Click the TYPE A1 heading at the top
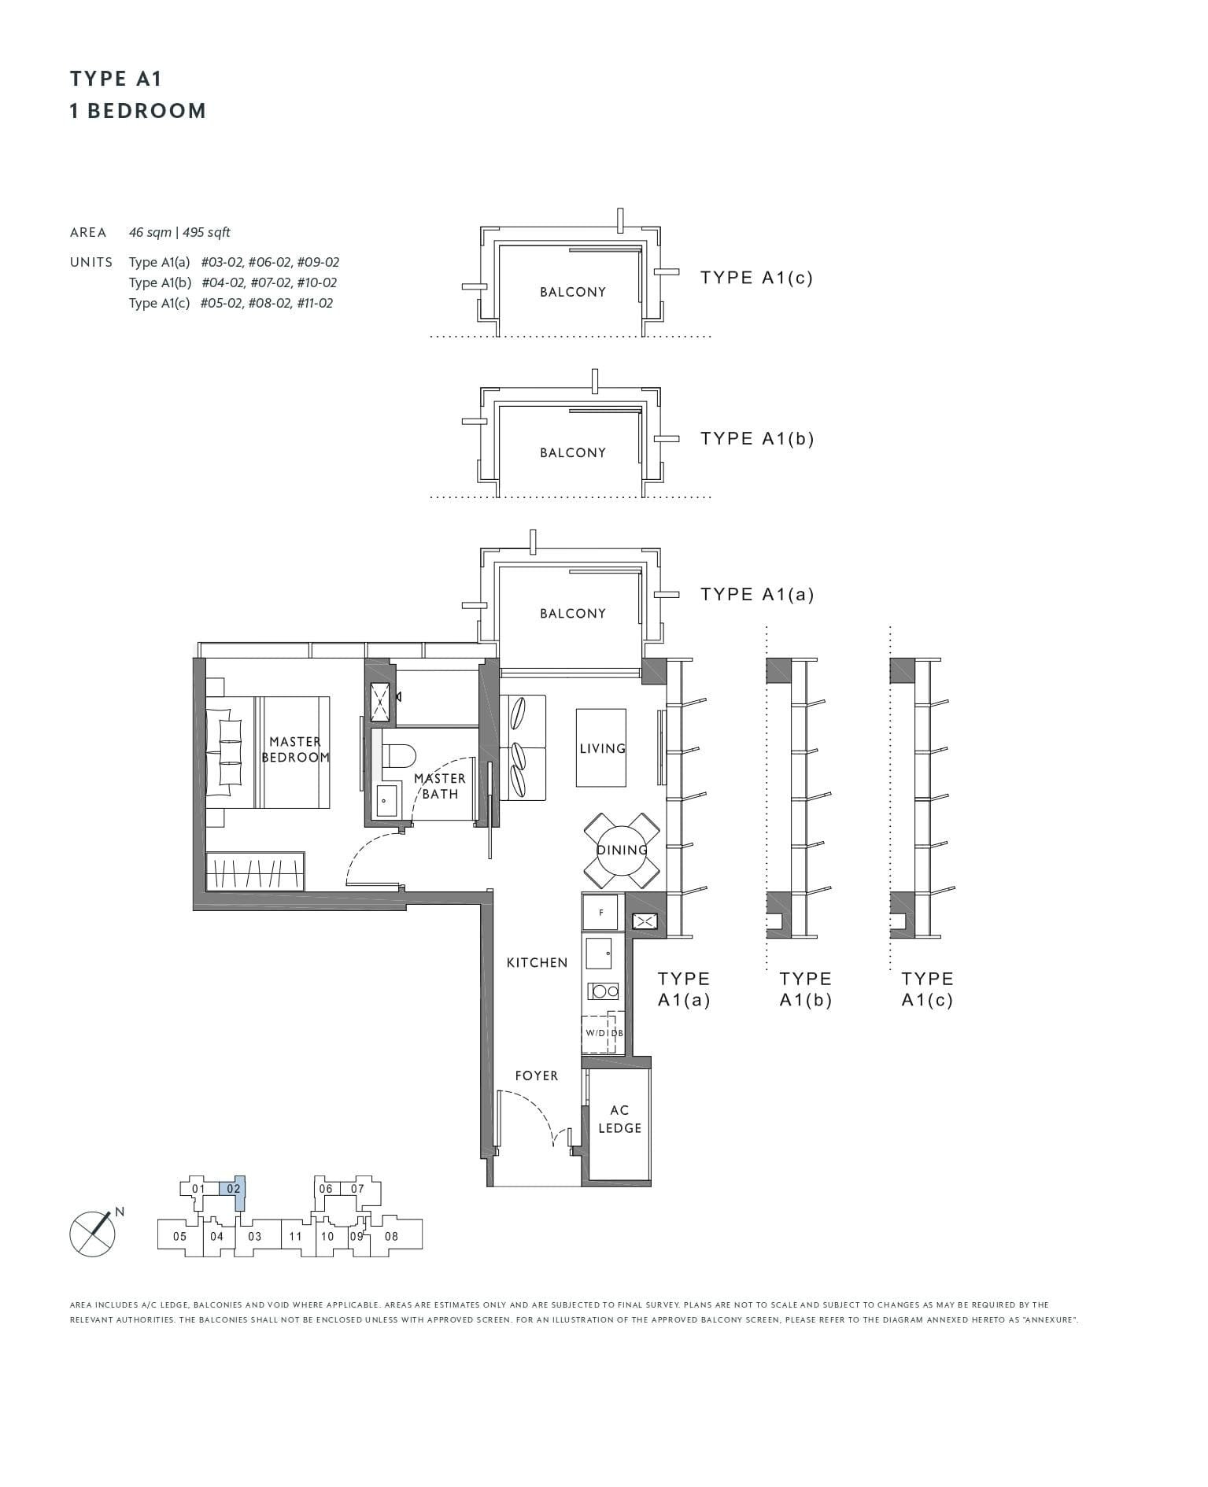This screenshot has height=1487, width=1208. [x=116, y=79]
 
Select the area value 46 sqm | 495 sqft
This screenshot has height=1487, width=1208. [x=179, y=232]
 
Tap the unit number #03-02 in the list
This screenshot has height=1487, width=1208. [x=220, y=262]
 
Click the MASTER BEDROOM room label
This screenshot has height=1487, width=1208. [x=295, y=749]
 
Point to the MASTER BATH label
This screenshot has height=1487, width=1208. [x=440, y=786]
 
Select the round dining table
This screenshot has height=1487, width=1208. [x=622, y=851]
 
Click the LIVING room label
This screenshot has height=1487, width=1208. [x=602, y=748]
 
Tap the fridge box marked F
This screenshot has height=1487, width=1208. [x=602, y=913]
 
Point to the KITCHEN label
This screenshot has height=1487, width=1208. [x=537, y=962]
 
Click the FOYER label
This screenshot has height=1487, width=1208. [x=537, y=1076]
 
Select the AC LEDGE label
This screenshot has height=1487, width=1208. [x=619, y=1119]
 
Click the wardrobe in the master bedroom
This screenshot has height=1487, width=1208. [x=255, y=872]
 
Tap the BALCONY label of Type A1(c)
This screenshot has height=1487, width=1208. [x=573, y=292]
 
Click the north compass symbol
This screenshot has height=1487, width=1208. [x=93, y=1233]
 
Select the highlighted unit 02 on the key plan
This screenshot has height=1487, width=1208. [x=234, y=1190]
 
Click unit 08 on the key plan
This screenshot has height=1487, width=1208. [x=391, y=1236]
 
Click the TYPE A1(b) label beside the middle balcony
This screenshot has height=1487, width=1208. [x=757, y=438]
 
